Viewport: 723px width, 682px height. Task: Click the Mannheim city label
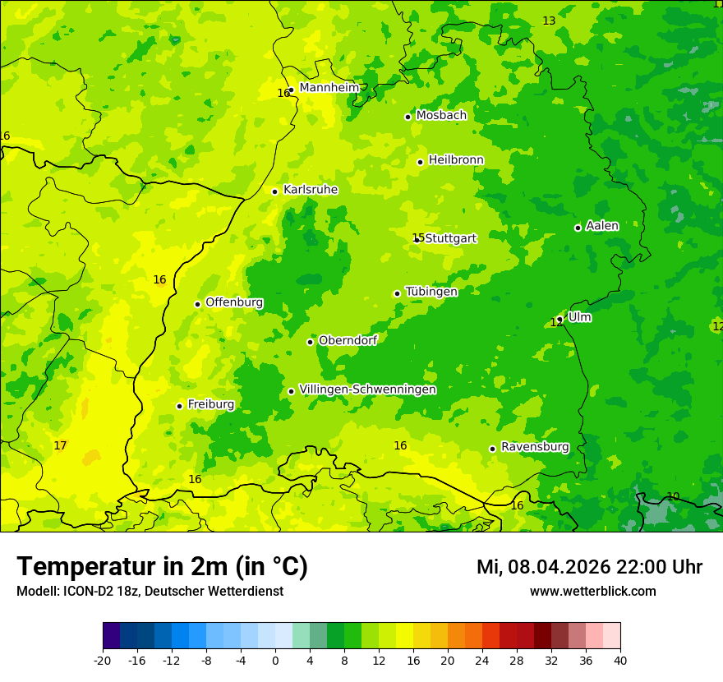click(329, 88)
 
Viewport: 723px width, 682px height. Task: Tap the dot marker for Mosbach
click(408, 117)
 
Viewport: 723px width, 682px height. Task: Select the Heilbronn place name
click(456, 160)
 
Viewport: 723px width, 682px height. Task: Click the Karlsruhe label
click(311, 190)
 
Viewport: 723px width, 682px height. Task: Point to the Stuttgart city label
click(451, 238)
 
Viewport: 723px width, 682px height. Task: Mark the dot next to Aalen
click(578, 228)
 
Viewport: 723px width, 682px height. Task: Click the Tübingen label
click(431, 292)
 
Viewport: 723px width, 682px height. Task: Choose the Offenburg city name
click(234, 302)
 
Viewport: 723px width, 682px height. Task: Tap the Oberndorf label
click(348, 340)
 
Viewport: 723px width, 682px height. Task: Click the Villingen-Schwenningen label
click(367, 389)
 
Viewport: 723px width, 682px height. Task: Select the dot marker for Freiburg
click(179, 406)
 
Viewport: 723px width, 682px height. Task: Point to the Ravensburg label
click(535, 447)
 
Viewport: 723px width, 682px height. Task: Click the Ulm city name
click(579, 317)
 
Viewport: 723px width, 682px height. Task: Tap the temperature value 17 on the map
click(60, 446)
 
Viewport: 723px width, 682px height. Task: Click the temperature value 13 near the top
click(549, 21)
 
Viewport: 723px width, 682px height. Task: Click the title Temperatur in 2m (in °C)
click(162, 567)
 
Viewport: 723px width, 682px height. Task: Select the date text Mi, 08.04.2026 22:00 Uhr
click(589, 567)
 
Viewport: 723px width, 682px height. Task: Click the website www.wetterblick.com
click(592, 592)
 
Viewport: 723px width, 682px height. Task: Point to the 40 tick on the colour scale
click(620, 660)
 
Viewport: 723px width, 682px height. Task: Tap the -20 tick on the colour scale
click(103, 660)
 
